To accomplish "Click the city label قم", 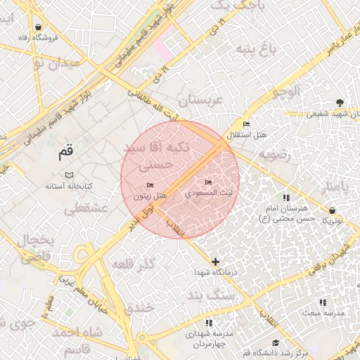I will (x=65, y=150).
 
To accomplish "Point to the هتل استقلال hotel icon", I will (x=246, y=124).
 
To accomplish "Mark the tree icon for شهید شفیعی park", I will (x=340, y=103).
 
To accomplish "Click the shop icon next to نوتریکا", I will (x=332, y=210).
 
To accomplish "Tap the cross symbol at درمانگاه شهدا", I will (x=215, y=262).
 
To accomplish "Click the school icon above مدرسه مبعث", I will (x=323, y=302).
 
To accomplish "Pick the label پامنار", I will (x=333, y=187).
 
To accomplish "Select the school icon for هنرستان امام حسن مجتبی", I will (x=285, y=198).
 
